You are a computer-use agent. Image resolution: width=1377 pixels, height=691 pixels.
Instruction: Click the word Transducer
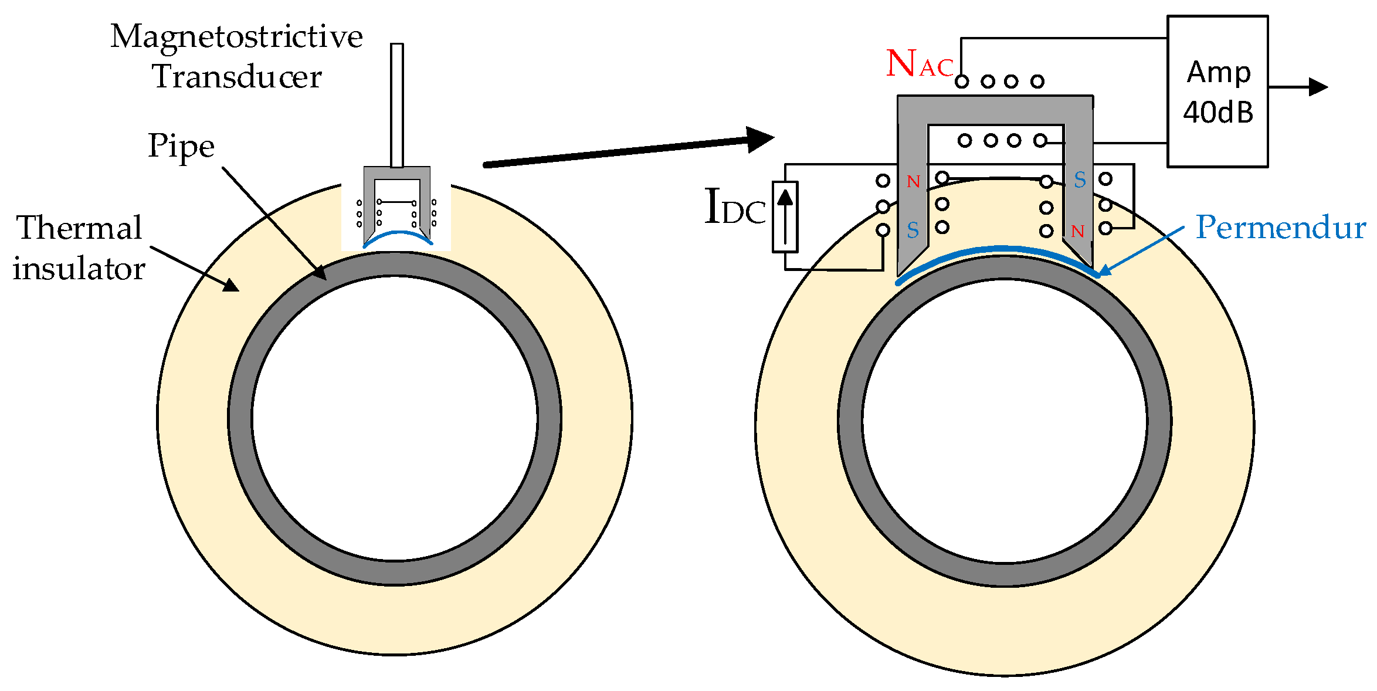click(x=237, y=77)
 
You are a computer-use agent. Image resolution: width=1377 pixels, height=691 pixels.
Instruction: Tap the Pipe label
click(x=181, y=146)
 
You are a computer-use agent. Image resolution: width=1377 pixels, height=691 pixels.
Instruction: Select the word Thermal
click(x=79, y=228)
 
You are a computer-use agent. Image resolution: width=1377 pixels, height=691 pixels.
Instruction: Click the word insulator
click(x=79, y=269)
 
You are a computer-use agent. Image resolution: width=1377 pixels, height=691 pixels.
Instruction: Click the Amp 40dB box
click(x=1217, y=92)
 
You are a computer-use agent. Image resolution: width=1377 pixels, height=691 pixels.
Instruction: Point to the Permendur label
click(x=1280, y=228)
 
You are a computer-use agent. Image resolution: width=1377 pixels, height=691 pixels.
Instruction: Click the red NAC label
click(x=920, y=64)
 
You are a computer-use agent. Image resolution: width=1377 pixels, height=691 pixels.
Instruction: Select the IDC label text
click(x=734, y=207)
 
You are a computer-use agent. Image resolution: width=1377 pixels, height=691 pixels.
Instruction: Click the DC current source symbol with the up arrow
click(x=785, y=217)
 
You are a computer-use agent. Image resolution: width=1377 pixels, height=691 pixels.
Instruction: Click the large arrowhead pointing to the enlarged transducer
click(x=760, y=140)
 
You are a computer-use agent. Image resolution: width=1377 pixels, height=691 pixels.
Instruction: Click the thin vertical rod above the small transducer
click(x=397, y=104)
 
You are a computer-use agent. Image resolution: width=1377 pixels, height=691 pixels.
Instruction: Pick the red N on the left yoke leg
click(x=913, y=182)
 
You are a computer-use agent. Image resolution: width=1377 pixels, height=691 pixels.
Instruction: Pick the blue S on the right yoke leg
click(x=1080, y=180)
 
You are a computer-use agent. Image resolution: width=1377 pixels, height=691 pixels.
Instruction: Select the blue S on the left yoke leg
click(x=913, y=231)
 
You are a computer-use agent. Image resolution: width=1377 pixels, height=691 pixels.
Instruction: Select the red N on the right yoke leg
click(x=1077, y=232)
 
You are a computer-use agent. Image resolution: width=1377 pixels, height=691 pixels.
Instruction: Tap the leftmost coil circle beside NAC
click(x=962, y=82)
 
